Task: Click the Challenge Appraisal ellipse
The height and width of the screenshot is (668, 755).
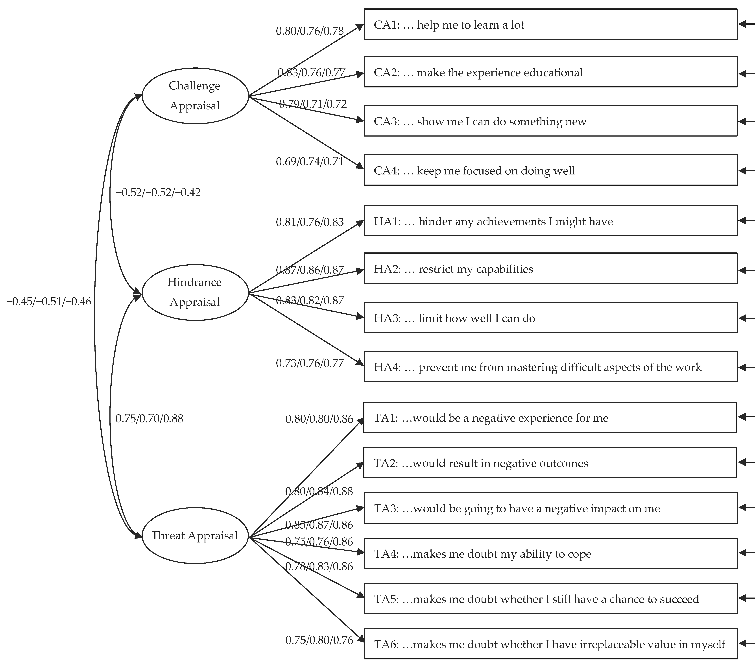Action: coord(195,96)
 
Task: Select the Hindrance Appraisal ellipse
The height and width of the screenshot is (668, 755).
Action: coord(195,292)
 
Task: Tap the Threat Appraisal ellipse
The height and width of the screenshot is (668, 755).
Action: coord(195,535)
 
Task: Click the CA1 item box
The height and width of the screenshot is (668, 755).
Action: coord(550,24)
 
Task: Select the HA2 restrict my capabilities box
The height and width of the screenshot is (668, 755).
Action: coord(550,269)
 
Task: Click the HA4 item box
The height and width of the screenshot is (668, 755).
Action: coord(550,367)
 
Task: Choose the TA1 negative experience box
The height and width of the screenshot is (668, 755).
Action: coord(550,418)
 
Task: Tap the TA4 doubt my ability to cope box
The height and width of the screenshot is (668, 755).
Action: coord(550,553)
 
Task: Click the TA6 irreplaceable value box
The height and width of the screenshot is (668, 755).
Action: coord(550,644)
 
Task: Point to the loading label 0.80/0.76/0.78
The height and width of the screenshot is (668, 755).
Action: coord(310,31)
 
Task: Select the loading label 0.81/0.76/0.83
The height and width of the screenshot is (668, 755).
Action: coord(310,222)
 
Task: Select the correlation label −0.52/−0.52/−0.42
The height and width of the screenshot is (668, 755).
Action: coord(158,192)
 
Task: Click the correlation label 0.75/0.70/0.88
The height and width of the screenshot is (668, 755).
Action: coord(149,419)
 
